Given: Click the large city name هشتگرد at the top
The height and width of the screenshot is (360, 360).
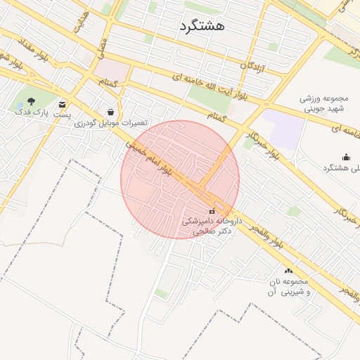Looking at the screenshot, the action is point(202,26).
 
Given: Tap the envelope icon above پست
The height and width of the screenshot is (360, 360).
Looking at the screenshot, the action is point(63,103).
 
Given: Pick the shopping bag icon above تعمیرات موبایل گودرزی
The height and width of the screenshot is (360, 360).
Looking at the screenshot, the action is point(111,111).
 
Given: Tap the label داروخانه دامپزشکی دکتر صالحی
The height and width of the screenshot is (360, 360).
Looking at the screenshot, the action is point(212,225).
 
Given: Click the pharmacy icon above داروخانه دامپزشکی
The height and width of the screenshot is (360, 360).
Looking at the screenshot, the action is point(212,210).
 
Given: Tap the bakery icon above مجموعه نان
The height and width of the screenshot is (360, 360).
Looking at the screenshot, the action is point(288,270).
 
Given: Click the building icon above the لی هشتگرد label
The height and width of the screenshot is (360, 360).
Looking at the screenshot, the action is point(345,157).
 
